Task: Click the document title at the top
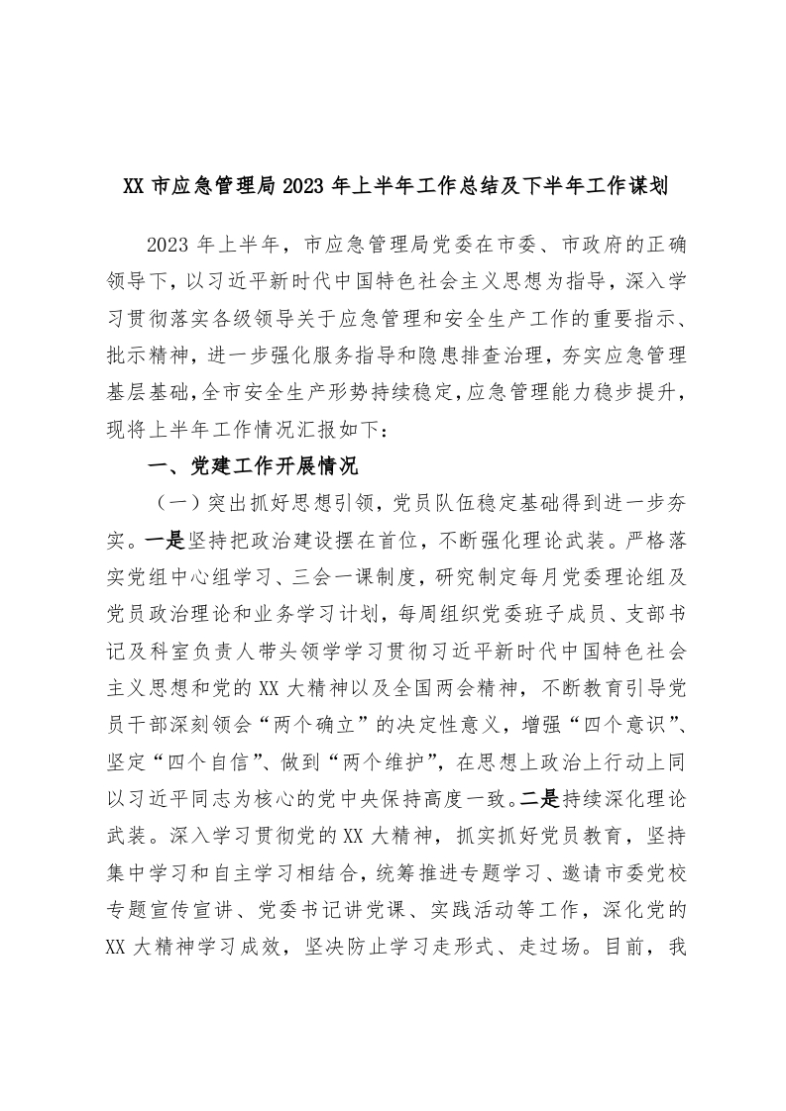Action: (x=393, y=185)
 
